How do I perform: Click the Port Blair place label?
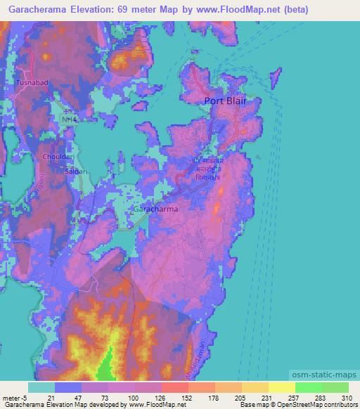point(227,100)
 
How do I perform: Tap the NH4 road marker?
point(68,120)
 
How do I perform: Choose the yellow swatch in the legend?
point(281,387)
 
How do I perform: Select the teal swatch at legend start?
point(41,387)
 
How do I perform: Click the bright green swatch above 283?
point(308,387)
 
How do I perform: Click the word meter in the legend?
point(10,398)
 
